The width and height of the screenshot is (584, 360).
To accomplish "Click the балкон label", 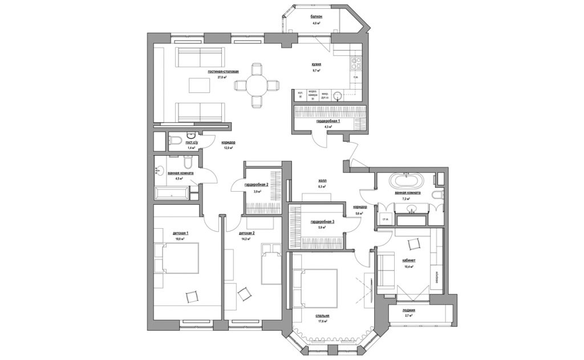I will tap(317, 17).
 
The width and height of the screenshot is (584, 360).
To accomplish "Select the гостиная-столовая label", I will tap(223, 71).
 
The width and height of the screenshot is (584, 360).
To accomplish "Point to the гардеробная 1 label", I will tap(328, 122).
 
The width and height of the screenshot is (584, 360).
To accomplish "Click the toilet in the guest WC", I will tap(176, 140).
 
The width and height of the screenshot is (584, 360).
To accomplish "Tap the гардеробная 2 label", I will tap(256, 185).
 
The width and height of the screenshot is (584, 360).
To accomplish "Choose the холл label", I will tap(322, 180).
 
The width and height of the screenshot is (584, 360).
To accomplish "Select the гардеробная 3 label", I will tap(322, 221).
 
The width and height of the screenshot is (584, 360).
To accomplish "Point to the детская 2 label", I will tap(246, 233).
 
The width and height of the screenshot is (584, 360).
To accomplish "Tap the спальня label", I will tap(322, 315).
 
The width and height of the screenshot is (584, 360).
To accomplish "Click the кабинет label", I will tap(408, 260).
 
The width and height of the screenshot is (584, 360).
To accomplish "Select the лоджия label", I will tap(408, 310).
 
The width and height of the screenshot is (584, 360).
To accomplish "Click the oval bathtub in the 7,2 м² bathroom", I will tap(406, 182).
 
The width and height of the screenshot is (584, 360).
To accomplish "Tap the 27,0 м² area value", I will tap(223, 77).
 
